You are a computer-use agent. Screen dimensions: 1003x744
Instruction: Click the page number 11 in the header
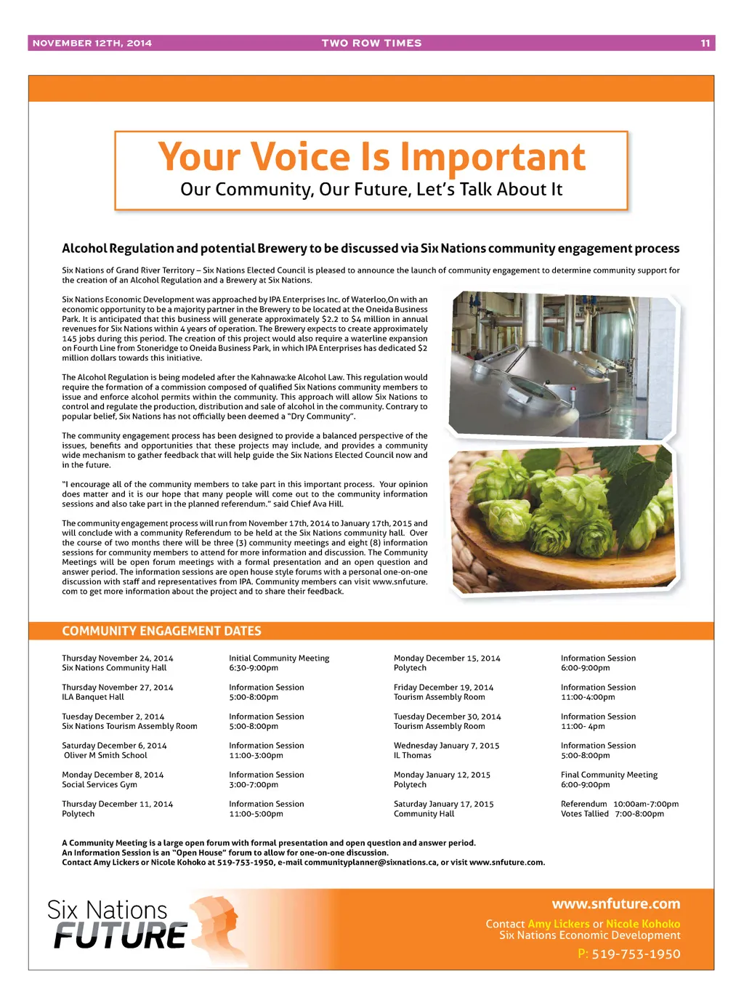pyautogui.click(x=705, y=44)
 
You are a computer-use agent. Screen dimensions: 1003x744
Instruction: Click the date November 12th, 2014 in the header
pyautogui.click(x=92, y=44)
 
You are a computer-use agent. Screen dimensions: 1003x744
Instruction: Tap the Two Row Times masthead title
pyautogui.click(x=371, y=44)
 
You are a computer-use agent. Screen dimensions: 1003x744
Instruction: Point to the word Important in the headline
pyautogui.click(x=493, y=157)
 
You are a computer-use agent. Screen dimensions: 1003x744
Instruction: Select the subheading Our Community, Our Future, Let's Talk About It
pyautogui.click(x=371, y=190)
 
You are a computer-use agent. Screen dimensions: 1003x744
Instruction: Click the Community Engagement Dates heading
pyautogui.click(x=161, y=631)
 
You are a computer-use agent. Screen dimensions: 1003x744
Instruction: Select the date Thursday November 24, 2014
pyautogui.click(x=118, y=658)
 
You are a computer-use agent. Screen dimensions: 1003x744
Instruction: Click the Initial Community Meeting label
pyautogui.click(x=279, y=658)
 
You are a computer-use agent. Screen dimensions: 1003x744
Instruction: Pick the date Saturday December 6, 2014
pyautogui.click(x=114, y=746)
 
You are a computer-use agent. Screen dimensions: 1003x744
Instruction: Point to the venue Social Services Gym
pyautogui.click(x=100, y=785)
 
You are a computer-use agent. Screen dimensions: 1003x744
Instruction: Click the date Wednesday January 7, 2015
pyautogui.click(x=446, y=746)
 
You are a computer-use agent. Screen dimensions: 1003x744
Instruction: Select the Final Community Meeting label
pyautogui.click(x=609, y=775)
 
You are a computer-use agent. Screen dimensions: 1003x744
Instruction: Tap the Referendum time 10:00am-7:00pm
pyautogui.click(x=646, y=804)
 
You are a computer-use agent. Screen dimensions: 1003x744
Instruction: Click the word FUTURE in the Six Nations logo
pyautogui.click(x=120, y=936)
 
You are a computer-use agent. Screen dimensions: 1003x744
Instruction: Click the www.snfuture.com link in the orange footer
pyautogui.click(x=616, y=904)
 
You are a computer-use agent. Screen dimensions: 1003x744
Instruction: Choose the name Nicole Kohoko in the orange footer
pyautogui.click(x=643, y=924)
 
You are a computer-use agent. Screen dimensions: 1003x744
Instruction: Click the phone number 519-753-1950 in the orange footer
pyautogui.click(x=636, y=954)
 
